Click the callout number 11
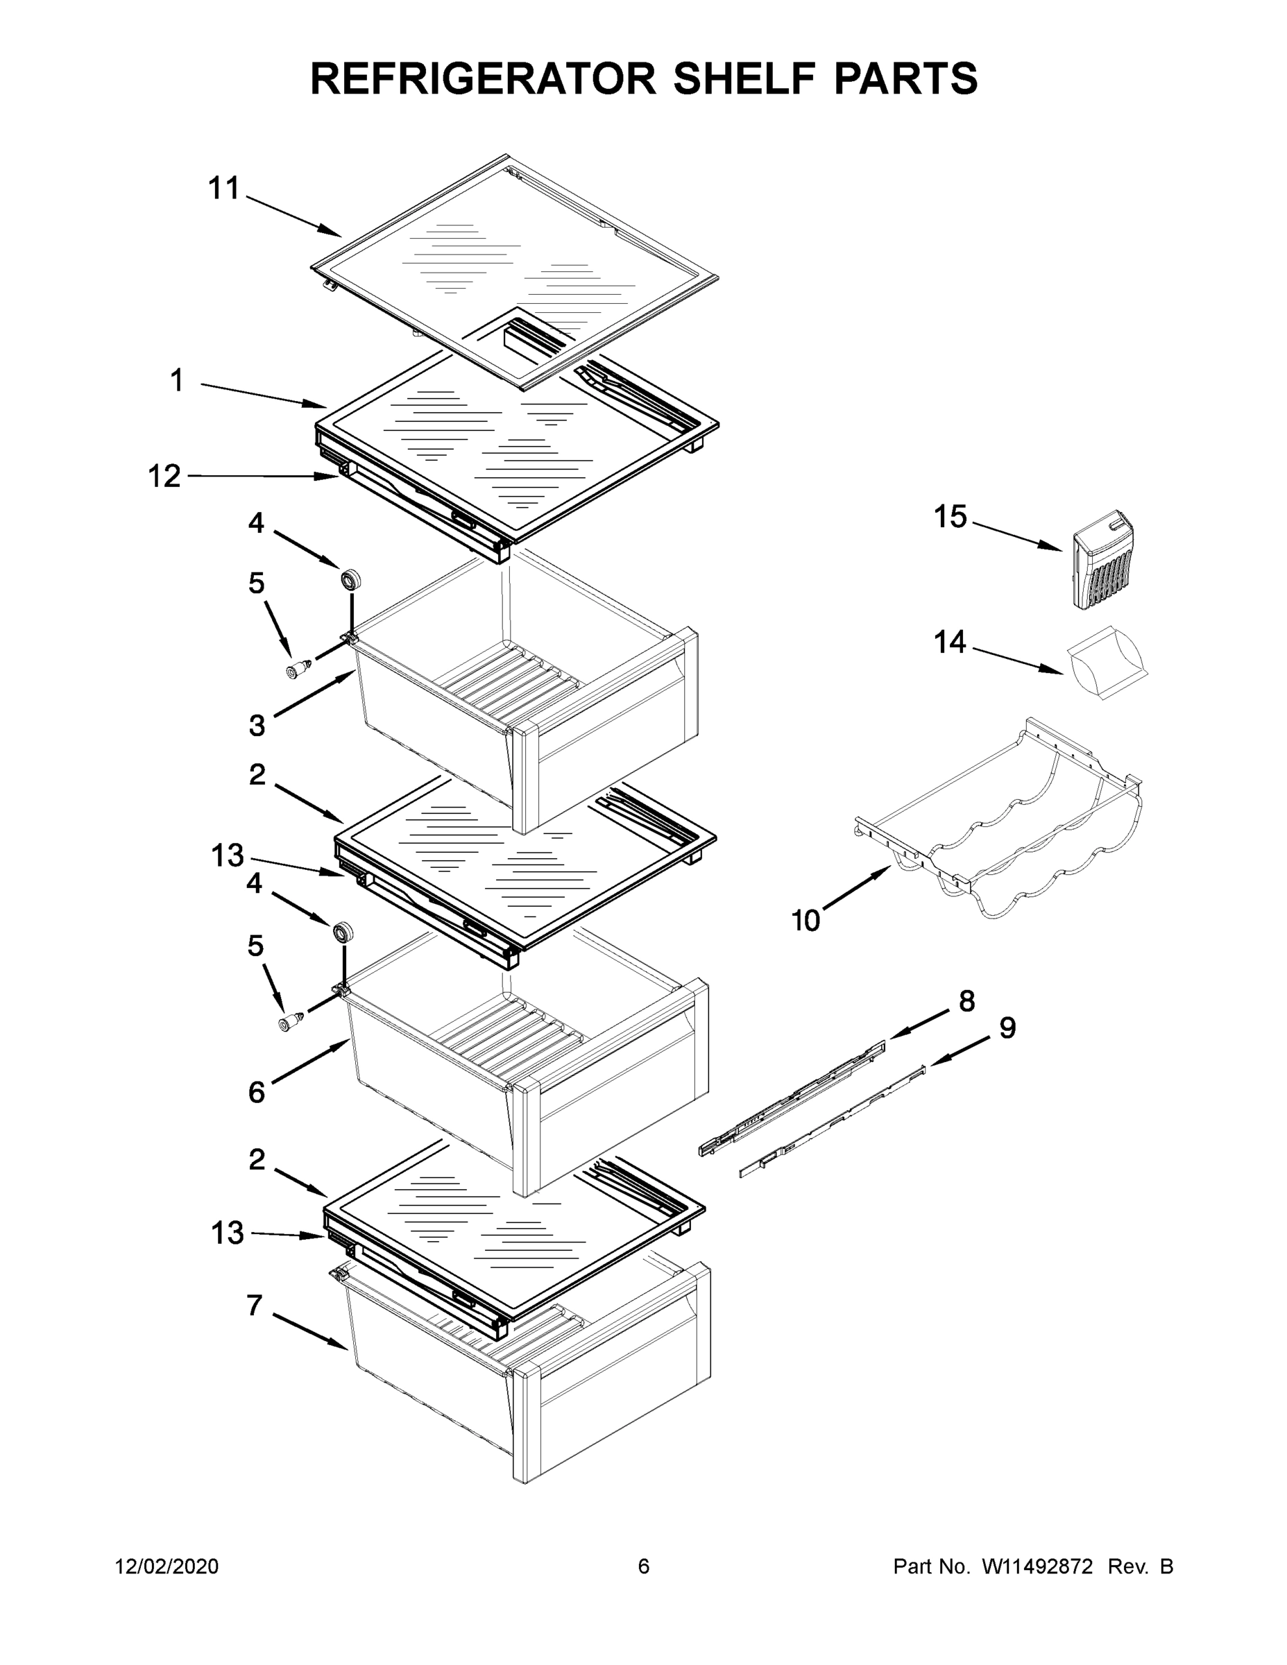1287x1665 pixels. (x=224, y=188)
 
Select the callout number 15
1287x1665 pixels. (x=950, y=517)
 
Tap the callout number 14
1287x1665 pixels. (x=950, y=642)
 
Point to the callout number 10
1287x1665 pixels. (x=806, y=921)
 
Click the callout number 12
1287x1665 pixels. (x=164, y=477)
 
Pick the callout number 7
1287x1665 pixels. (x=255, y=1305)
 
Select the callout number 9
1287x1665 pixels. (x=1007, y=1027)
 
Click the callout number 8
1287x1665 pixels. (x=966, y=1001)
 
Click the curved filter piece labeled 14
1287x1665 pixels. (x=1105, y=660)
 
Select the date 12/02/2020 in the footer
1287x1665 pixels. (x=167, y=1566)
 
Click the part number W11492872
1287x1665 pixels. (x=1037, y=1566)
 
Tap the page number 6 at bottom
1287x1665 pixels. (x=644, y=1566)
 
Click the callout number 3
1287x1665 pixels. (x=257, y=725)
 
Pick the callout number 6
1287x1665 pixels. (x=256, y=1093)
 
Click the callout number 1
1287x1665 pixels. (x=177, y=380)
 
